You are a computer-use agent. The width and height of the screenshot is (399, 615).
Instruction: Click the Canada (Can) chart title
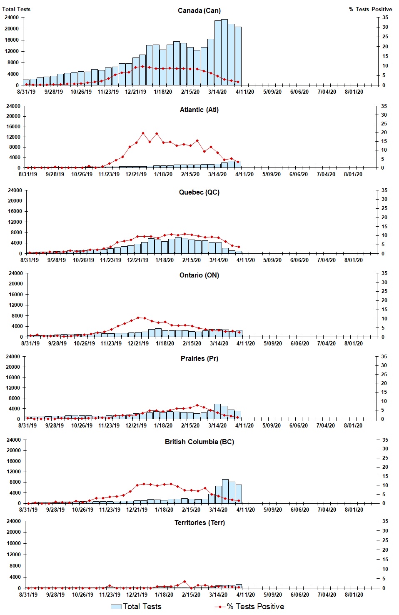tap(199, 10)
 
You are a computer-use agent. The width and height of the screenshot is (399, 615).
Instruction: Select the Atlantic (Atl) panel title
tap(199, 110)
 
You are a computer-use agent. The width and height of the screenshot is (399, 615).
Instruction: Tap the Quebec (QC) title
tap(199, 192)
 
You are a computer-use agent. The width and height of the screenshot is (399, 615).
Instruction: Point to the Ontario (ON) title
tap(199, 275)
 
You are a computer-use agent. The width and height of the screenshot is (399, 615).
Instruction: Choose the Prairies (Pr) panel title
tap(199, 358)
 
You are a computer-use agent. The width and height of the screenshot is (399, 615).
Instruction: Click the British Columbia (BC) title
tap(199, 442)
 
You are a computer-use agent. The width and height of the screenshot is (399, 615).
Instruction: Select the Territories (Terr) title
tap(199, 522)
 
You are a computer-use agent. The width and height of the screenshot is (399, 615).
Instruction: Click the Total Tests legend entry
tap(136, 607)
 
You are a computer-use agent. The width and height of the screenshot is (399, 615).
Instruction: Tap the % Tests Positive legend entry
tap(249, 607)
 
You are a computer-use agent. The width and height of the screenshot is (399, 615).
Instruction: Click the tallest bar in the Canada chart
tap(224, 52)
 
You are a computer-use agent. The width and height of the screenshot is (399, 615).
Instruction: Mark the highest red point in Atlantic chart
tap(143, 133)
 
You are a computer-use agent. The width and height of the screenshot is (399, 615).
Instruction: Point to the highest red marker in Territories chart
tap(185, 581)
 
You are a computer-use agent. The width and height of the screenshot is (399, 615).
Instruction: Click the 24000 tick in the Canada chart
tap(11, 17)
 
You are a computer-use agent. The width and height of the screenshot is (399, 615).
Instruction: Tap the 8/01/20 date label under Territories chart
tap(354, 595)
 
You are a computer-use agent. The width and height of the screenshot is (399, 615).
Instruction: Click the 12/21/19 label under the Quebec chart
tap(137, 260)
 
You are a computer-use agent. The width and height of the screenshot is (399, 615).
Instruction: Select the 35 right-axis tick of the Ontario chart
tap(384, 273)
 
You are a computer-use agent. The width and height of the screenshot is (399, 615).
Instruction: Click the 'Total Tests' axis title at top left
tap(16, 9)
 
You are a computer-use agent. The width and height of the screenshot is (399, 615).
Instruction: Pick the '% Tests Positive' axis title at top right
tap(370, 9)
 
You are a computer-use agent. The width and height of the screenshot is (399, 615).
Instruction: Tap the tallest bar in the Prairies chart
tap(217, 411)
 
